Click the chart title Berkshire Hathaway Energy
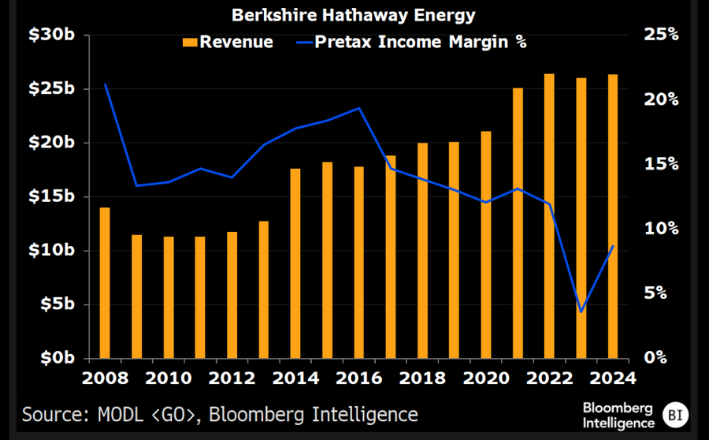[x=354, y=15]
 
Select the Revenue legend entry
[x=228, y=42]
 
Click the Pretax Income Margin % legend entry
[x=409, y=42]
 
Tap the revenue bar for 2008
[x=105, y=282]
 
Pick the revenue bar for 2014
[x=295, y=263]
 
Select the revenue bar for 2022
[x=549, y=215]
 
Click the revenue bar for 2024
[x=613, y=215]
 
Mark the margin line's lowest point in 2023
[x=581, y=311]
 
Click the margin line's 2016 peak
[x=358, y=108]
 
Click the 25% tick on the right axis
[x=660, y=35]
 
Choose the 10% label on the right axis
[x=660, y=229]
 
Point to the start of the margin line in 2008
[x=105, y=84]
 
